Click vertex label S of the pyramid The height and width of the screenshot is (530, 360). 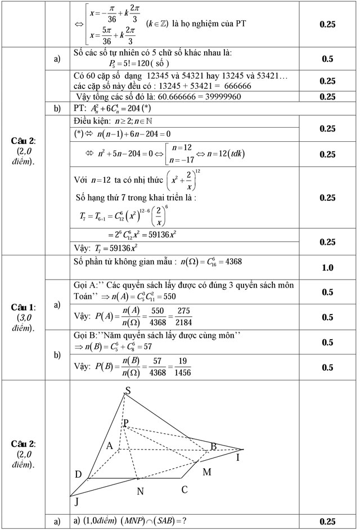(128, 390)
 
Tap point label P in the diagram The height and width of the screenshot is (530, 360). (126, 423)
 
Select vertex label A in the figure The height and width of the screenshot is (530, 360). (111, 446)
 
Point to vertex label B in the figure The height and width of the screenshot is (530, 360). (213, 447)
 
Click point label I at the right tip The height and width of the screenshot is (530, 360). (238, 458)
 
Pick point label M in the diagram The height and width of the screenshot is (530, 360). (206, 471)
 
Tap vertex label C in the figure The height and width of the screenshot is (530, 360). (184, 489)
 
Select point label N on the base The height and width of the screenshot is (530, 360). (141, 491)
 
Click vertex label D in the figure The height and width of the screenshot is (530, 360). (78, 475)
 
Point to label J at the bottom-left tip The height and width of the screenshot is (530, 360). (76, 502)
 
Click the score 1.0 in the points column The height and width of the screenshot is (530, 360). (327, 268)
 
